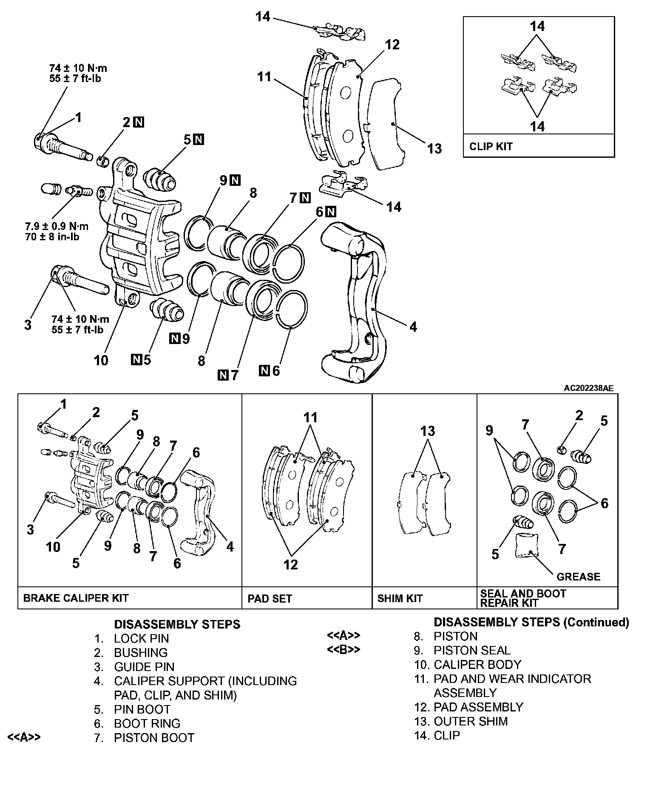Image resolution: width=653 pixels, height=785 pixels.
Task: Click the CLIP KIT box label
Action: point(491,147)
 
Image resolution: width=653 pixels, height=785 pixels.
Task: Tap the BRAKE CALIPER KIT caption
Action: point(75,598)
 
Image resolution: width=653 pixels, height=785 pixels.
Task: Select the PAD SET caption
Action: point(270,599)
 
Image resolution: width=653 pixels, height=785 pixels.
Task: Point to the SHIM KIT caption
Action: point(400,598)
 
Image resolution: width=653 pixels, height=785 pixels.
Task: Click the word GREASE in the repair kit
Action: point(578,577)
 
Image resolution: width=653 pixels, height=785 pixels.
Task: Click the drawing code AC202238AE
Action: point(588,388)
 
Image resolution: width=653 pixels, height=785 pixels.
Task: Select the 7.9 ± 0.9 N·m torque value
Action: point(57,227)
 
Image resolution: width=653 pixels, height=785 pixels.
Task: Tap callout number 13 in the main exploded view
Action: point(434,148)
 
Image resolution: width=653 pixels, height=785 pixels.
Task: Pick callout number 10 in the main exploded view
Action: point(101,360)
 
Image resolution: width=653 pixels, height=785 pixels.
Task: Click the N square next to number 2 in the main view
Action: point(139,122)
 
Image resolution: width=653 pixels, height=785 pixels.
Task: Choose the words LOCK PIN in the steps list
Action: point(141,638)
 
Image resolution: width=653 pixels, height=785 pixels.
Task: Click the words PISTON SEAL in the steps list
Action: point(472,650)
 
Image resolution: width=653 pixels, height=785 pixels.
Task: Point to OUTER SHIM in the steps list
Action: point(470,721)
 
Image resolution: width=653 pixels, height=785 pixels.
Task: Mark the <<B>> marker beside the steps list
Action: point(343,650)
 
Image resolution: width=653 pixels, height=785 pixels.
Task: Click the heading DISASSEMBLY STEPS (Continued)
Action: point(531,622)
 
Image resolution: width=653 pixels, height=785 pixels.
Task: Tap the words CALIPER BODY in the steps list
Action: point(477,664)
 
